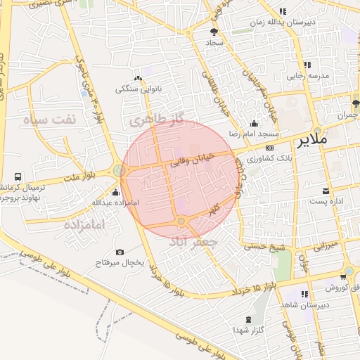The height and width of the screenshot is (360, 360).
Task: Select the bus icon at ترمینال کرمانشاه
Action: [x=17, y=177]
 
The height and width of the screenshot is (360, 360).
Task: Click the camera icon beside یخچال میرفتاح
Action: [x=120, y=252]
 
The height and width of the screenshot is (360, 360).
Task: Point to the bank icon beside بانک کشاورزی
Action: [x=269, y=148]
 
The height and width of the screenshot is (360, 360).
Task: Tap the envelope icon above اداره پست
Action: [x=325, y=191]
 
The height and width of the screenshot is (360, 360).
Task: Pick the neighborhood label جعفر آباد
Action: [x=193, y=241]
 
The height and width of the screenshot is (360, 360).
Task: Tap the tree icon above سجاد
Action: [x=214, y=32]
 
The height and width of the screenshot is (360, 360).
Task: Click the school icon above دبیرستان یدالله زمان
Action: [x=283, y=11]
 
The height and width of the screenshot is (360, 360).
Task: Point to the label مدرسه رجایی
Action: [x=303, y=75]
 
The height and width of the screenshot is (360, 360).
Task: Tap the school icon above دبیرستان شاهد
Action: [x=304, y=294]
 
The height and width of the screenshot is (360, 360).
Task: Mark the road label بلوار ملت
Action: [x=85, y=176]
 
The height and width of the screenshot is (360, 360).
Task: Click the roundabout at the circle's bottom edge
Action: [x=181, y=222]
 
